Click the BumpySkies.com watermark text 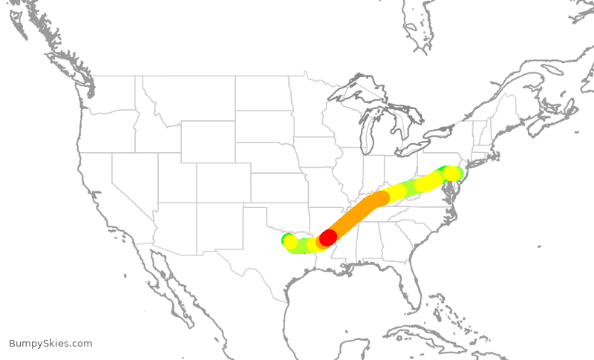[x=50, y=343]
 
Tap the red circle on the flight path [x=327, y=238]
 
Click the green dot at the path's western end [x=286, y=239]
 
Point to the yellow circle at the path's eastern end [x=451, y=173]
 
